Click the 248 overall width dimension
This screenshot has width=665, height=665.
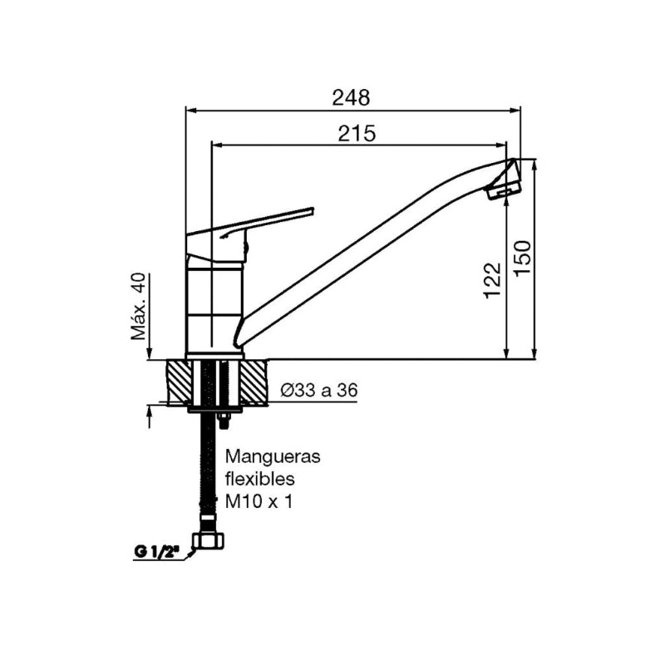(x=350, y=97)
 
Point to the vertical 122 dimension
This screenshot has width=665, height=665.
(x=493, y=280)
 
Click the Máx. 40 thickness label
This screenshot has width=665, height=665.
(x=138, y=307)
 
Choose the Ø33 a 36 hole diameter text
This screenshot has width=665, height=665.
(x=320, y=390)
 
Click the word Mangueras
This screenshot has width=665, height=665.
(x=273, y=456)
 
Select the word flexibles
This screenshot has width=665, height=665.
(x=261, y=479)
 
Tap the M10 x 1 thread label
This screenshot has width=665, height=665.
(x=259, y=501)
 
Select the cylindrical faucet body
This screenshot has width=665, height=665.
(x=214, y=308)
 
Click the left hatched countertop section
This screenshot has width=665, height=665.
(x=178, y=383)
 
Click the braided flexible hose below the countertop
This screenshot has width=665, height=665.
(x=204, y=474)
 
